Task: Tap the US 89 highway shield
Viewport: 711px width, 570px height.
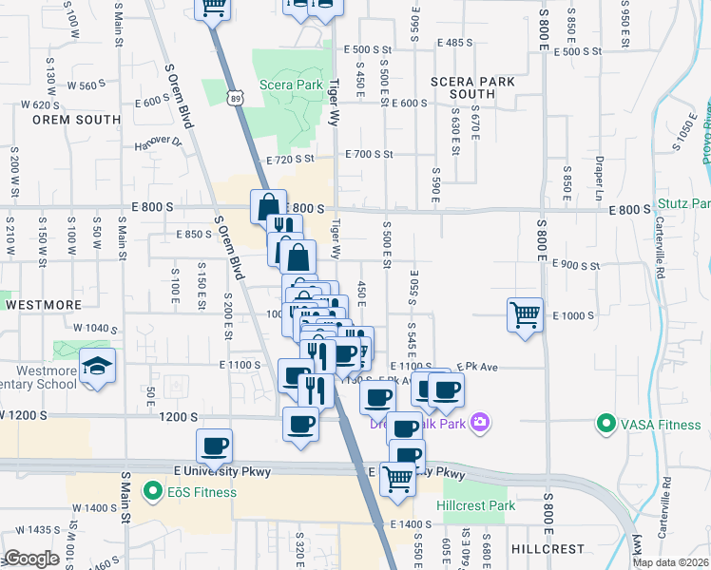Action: point(236,97)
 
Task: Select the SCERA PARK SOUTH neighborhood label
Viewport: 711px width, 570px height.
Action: point(472,87)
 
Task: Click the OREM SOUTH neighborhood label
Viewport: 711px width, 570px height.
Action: point(76,120)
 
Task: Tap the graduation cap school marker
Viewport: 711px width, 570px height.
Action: point(96,366)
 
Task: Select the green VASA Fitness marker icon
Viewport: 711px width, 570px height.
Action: point(605,424)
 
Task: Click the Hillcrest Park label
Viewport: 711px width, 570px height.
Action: point(475,505)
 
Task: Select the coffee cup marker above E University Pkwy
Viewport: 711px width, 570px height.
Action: point(214,445)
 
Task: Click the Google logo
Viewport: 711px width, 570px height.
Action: point(30,559)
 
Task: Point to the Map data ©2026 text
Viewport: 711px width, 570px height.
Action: point(670,562)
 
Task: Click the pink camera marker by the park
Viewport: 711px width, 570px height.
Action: point(481,422)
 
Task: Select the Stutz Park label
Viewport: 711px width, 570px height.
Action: point(683,204)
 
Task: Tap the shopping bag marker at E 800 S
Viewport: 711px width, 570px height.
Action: point(269,205)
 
